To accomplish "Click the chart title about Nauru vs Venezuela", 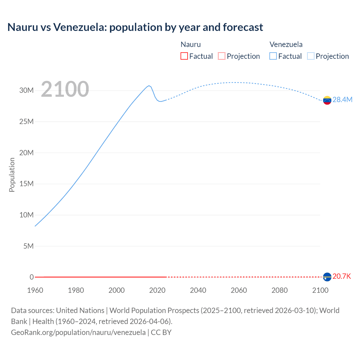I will pyautogui.click(x=135, y=27).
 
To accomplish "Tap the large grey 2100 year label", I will pyautogui.click(x=65, y=89).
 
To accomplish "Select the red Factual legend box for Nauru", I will pyautogui.click(x=184, y=56).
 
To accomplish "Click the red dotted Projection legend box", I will pyautogui.click(x=222, y=56).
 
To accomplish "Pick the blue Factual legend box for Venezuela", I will pyautogui.click(x=273, y=56).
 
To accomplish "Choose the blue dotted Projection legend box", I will pyautogui.click(x=311, y=56).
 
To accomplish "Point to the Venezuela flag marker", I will pyautogui.click(x=327, y=100).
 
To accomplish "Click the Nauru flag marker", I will pyautogui.click(x=327, y=277).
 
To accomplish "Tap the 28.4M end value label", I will pyautogui.click(x=342, y=100).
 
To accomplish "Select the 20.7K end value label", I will pyautogui.click(x=342, y=276).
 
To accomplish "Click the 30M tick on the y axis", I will pyautogui.click(x=26, y=91).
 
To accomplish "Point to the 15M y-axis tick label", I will pyautogui.click(x=26, y=184).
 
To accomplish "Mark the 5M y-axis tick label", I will pyautogui.click(x=28, y=246).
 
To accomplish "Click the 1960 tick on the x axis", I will pyautogui.click(x=35, y=290).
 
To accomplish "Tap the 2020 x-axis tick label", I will pyautogui.click(x=157, y=290).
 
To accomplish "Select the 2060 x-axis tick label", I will pyautogui.click(x=239, y=290).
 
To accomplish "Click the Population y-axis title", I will pyautogui.click(x=12, y=175).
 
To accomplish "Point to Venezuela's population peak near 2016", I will pyautogui.click(x=149, y=85).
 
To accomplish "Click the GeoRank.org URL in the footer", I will pyautogui.click(x=78, y=332).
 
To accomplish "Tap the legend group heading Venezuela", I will pyautogui.click(x=286, y=44).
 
